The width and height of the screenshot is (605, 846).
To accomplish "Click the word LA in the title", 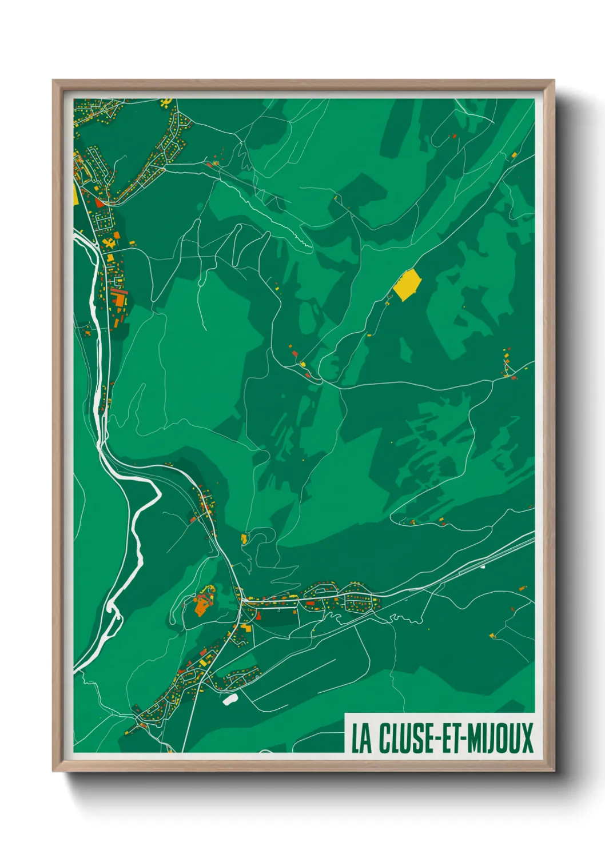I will (361, 738).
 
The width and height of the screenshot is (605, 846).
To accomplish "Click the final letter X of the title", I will (527, 738).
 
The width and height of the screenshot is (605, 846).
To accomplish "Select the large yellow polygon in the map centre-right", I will (408, 284).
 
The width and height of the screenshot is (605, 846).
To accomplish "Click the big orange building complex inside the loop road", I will (202, 603).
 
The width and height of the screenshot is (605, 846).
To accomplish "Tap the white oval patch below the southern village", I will (230, 699).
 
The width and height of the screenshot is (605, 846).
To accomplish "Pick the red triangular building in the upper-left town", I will (99, 201).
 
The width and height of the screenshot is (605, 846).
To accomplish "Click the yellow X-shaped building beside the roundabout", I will (109, 244).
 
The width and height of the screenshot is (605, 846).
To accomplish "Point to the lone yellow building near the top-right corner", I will (514, 155).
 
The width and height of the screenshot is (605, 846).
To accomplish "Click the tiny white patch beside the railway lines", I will (483, 567).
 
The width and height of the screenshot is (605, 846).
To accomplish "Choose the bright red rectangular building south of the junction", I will (258, 615).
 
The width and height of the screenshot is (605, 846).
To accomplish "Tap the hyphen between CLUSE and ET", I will (437, 739).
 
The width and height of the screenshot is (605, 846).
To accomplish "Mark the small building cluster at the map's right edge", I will (508, 366).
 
